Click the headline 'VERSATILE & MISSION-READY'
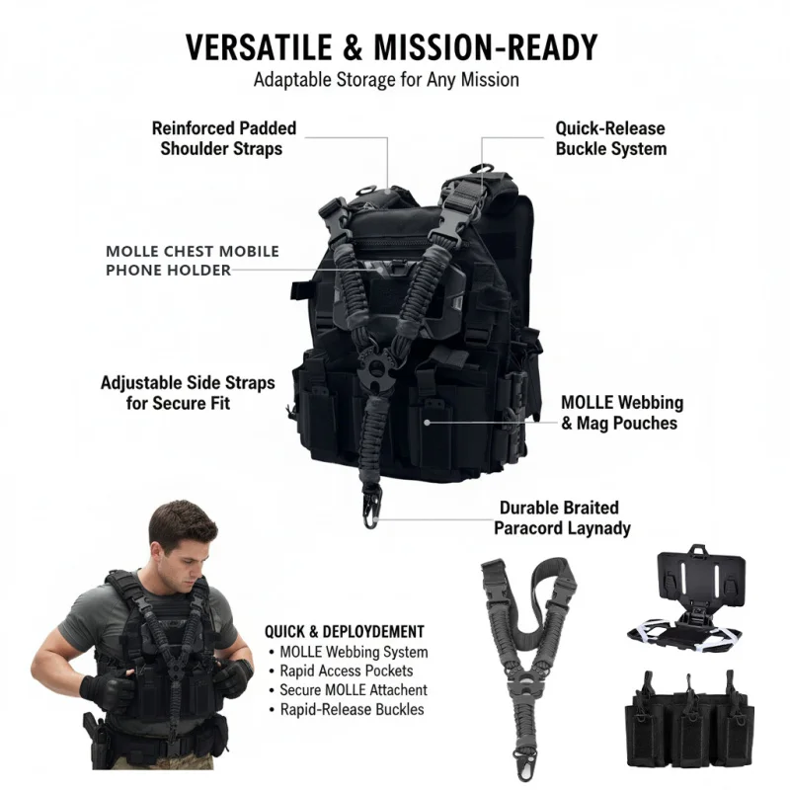(392, 46)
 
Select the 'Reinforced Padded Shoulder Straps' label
(223, 138)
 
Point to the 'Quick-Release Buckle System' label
(610, 138)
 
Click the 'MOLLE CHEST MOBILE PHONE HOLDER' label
(193, 261)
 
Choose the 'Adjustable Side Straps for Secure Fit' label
(188, 392)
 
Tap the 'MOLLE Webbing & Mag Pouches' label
(621, 413)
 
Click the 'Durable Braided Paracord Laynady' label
(563, 518)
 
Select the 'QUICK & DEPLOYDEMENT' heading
(345, 631)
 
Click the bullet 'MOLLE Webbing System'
(354, 652)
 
